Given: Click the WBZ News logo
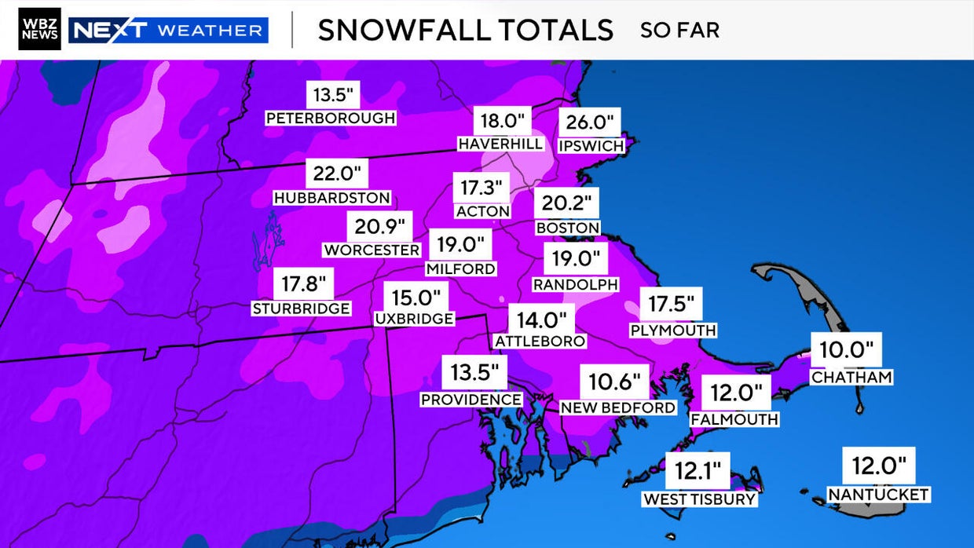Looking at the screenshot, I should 39,30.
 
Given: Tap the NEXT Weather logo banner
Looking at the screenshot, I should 169,31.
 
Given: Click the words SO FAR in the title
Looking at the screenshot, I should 679,31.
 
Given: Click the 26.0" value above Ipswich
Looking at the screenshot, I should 590,122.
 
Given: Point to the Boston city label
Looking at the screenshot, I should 568,228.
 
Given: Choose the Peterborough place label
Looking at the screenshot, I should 331,119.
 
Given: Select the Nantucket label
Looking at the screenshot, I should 879,495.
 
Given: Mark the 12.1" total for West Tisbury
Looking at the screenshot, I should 698,472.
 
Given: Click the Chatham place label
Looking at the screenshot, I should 852,377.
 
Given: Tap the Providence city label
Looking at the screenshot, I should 471,400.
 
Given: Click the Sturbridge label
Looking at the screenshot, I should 301,309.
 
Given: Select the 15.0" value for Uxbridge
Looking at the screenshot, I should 416,298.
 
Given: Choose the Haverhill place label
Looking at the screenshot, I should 500,144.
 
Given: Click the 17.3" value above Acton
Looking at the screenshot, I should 482,188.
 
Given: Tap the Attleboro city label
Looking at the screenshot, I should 540,341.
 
